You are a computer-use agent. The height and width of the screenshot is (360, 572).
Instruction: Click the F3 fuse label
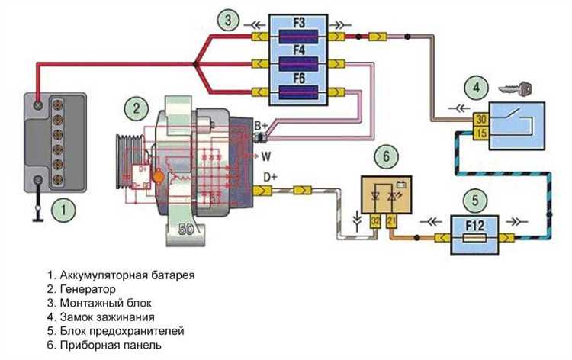pyautogui.click(x=299, y=24)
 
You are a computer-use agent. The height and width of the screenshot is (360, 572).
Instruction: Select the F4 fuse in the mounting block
pyautogui.click(x=299, y=63)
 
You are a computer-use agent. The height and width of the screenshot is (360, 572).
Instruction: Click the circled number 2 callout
pyautogui.click(x=136, y=108)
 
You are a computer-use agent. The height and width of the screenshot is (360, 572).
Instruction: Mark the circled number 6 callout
pyautogui.click(x=387, y=156)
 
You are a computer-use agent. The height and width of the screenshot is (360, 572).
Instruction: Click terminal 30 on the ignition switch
pyautogui.click(x=482, y=120)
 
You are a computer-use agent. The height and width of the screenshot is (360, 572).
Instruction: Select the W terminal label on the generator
pyautogui.click(x=267, y=158)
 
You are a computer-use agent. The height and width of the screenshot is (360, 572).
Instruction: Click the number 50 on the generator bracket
pyautogui.click(x=186, y=229)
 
